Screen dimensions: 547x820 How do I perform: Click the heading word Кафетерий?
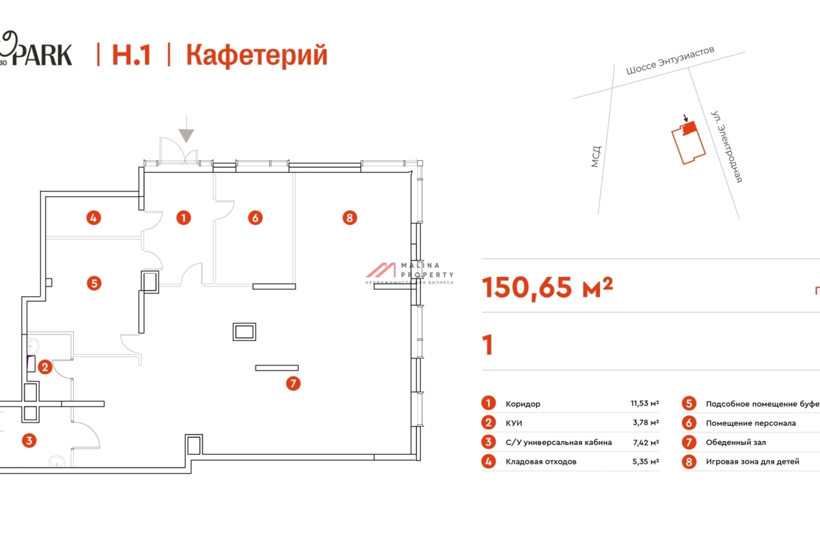(x=256, y=55)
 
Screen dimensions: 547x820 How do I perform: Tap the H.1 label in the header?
(x=131, y=55)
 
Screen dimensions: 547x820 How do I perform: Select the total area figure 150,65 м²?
(x=547, y=288)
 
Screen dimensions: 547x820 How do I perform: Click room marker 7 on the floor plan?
(x=292, y=384)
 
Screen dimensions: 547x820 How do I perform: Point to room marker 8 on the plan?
(x=349, y=218)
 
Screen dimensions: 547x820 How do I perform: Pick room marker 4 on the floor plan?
(x=94, y=218)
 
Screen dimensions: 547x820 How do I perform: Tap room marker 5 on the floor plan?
(x=94, y=282)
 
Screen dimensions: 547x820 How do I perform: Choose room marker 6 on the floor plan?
(x=254, y=218)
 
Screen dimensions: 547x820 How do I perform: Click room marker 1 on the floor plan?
(x=183, y=218)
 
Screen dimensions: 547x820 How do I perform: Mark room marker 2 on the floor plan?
(x=44, y=367)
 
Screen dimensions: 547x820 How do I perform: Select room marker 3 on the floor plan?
(x=29, y=440)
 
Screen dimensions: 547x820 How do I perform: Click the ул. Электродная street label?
(x=726, y=146)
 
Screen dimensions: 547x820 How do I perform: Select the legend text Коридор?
(x=523, y=404)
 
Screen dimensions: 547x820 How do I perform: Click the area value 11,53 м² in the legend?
(x=644, y=404)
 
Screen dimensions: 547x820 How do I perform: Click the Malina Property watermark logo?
(x=410, y=271)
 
